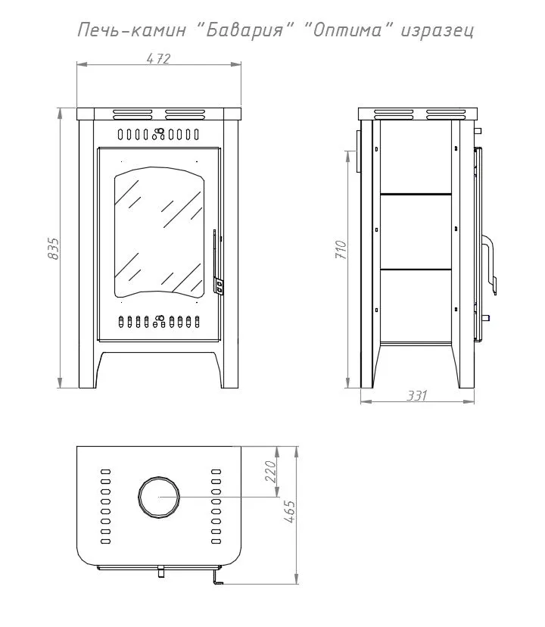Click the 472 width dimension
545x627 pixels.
coord(159,59)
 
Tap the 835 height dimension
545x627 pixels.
coord(53,248)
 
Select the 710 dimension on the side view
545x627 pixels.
coord(341,249)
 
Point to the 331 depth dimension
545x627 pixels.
coord(417,395)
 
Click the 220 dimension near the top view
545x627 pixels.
coord(271,472)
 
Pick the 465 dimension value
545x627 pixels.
coord(289,511)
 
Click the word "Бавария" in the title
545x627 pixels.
coord(246,30)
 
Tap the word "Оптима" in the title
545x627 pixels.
coord(348,30)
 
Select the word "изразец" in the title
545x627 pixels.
coord(438,31)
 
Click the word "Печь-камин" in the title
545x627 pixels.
coord(132,30)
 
